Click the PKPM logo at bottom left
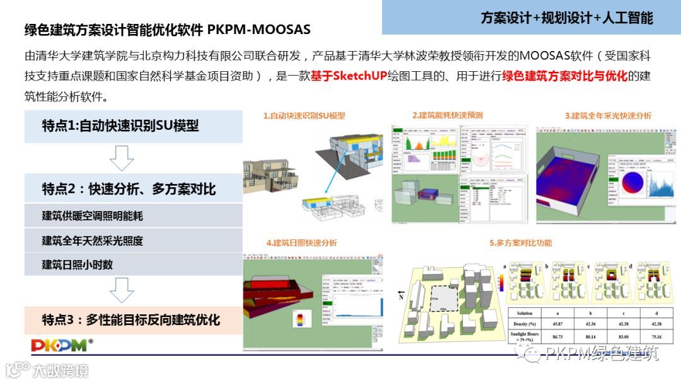(62, 345)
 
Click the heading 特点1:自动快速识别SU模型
(120, 125)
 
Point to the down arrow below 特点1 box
(121, 157)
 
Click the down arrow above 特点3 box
(121, 290)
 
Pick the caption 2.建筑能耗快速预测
(447, 115)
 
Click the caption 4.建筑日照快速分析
(301, 243)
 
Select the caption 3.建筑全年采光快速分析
(608, 115)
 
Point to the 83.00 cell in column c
(624, 336)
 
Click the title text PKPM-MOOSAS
(259, 30)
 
